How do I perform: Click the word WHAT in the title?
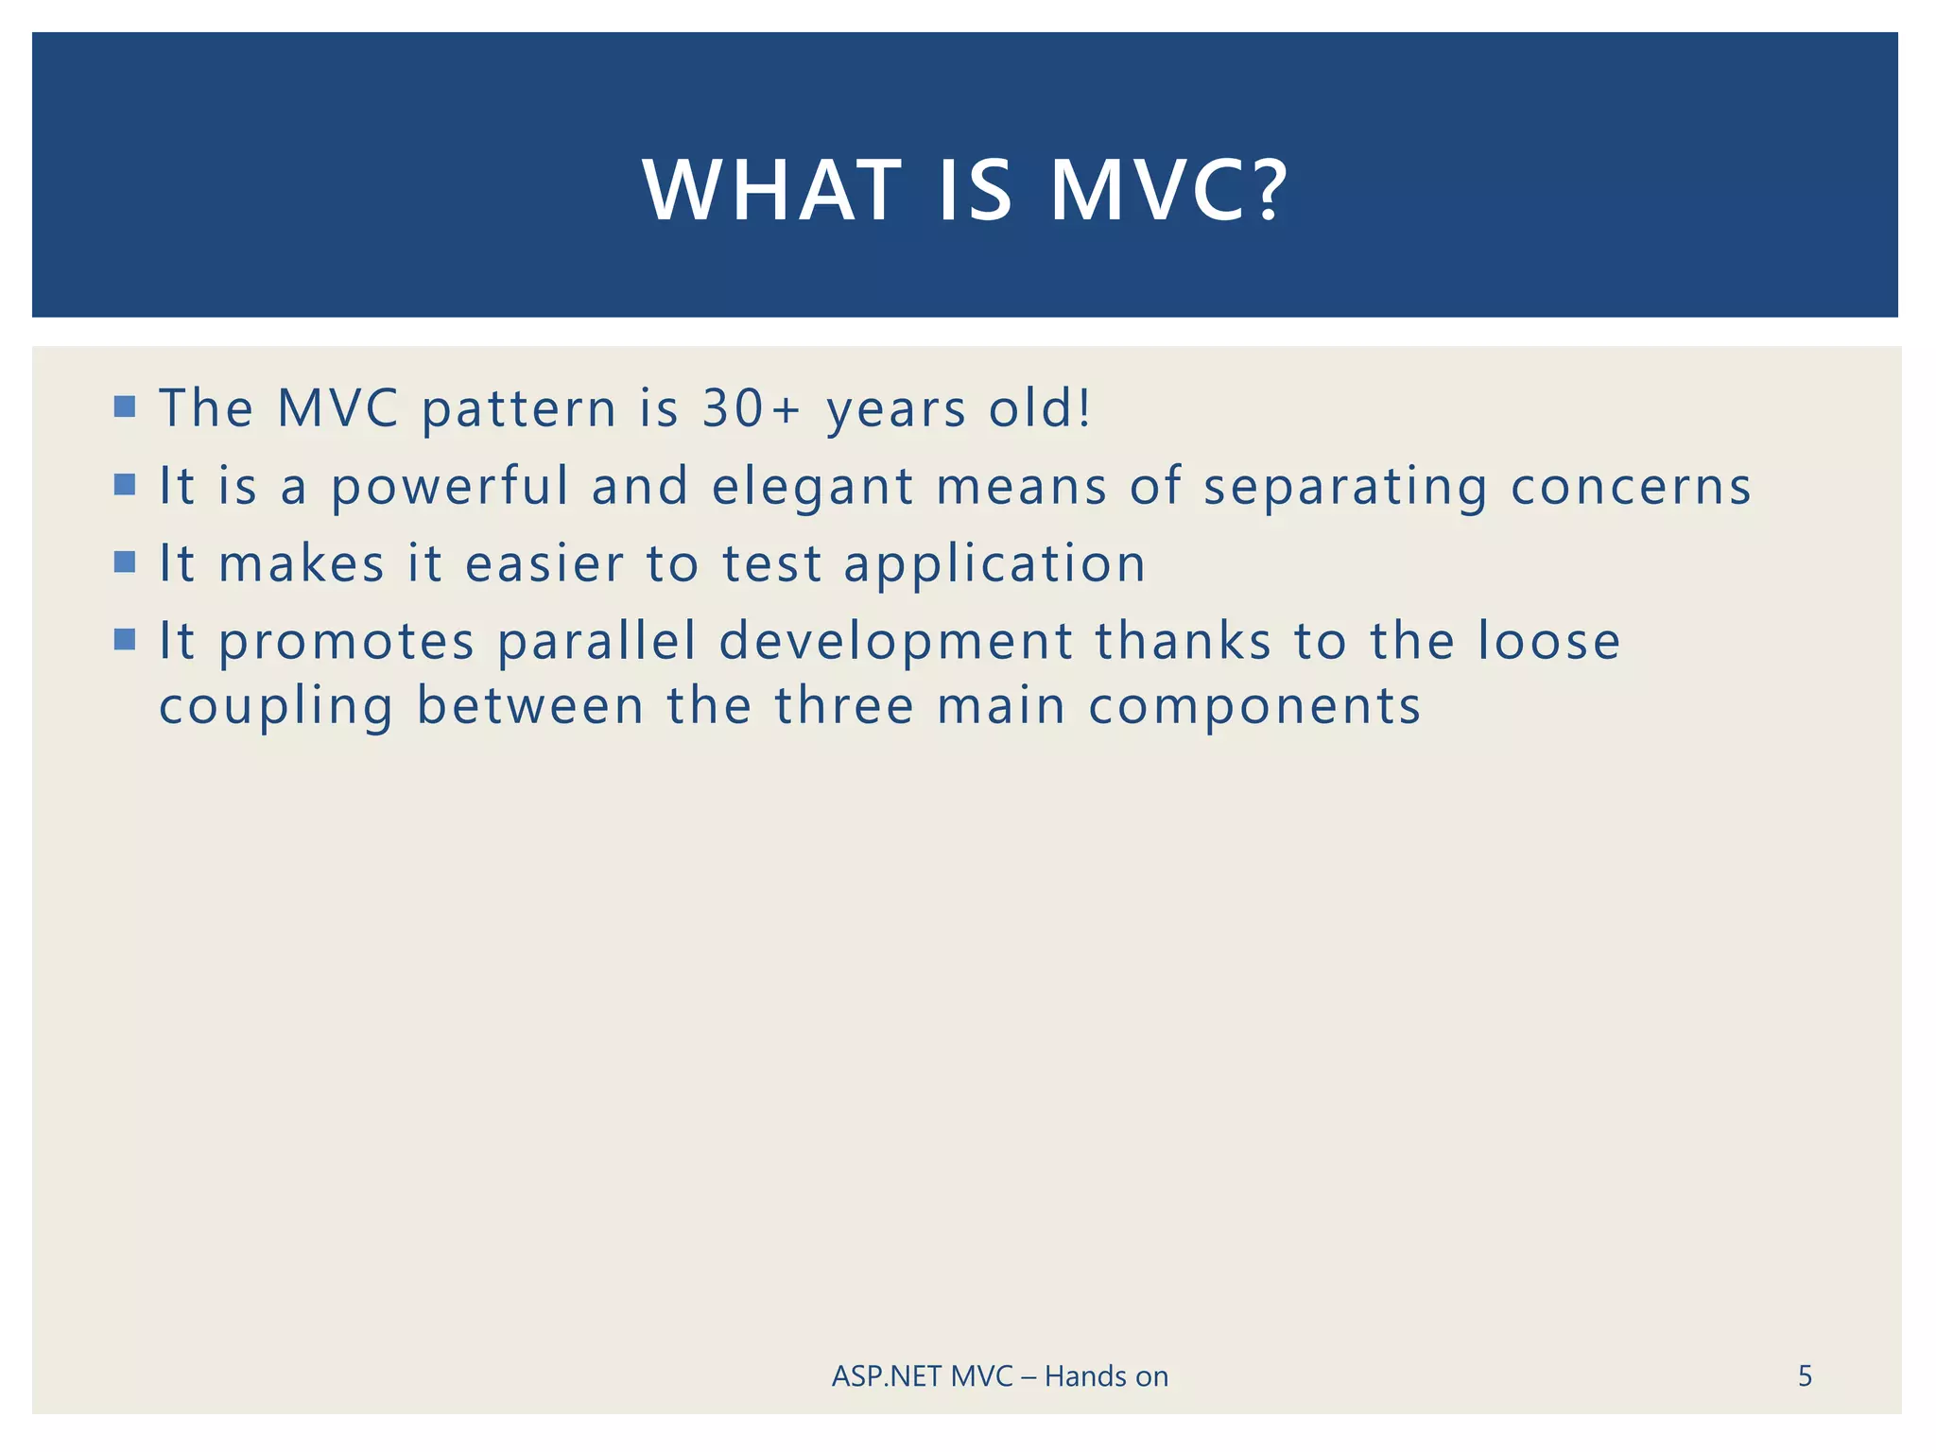click(772, 190)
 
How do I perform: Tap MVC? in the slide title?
click(1168, 190)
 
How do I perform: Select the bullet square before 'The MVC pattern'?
click(125, 407)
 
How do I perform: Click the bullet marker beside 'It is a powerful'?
click(125, 485)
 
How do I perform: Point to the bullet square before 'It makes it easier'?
click(125, 562)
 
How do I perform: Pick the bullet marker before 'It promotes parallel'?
click(125, 640)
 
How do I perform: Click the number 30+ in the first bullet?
click(752, 408)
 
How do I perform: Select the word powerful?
click(450, 488)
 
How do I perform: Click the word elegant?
click(813, 488)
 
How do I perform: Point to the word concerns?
click(1631, 487)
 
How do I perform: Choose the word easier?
click(544, 564)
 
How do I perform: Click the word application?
click(994, 565)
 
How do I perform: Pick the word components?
click(1254, 708)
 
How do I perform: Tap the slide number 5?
click(1805, 1376)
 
